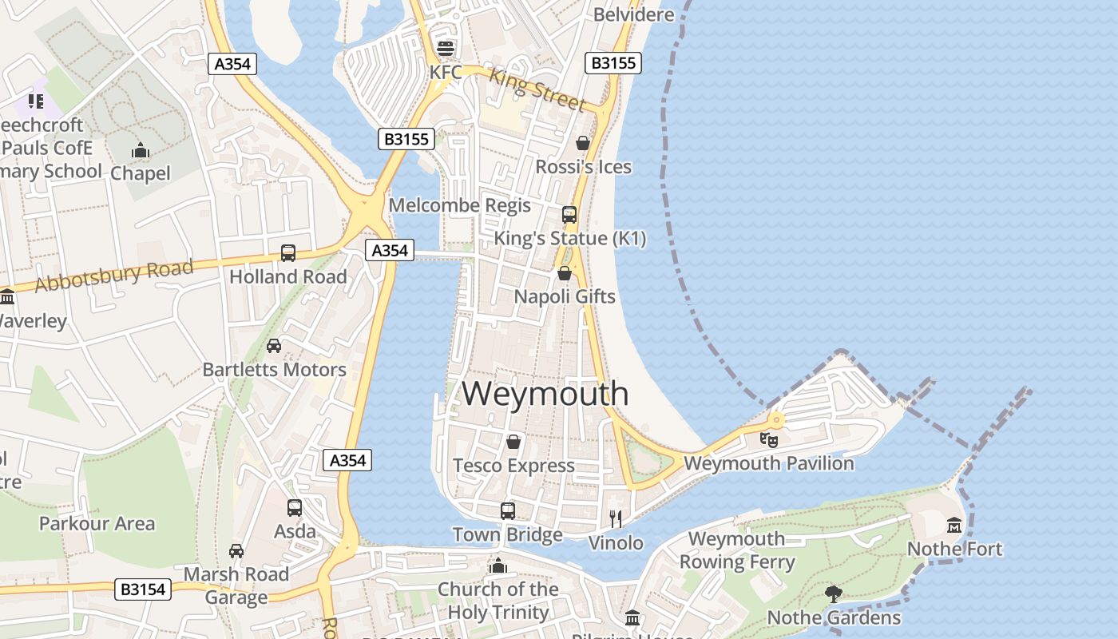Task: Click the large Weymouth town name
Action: point(545,394)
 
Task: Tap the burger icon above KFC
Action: point(445,47)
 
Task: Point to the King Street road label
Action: point(537,89)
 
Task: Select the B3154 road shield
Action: point(143,590)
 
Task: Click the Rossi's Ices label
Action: point(583,167)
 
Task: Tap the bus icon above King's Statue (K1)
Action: point(569,214)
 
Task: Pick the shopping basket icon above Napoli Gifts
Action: point(565,273)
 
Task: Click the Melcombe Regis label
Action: point(459,205)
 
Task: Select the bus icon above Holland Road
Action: point(288,253)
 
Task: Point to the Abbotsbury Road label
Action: point(113,275)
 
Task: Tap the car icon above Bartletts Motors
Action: point(274,346)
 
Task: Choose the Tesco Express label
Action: point(513,466)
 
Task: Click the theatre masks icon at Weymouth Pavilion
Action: point(769,439)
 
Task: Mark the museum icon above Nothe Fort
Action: point(954,525)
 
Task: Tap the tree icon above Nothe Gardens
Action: point(834,593)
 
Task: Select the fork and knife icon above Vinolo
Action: point(616,519)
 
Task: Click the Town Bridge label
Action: point(507,534)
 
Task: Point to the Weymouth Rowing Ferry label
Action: point(737,550)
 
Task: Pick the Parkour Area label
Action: point(97,524)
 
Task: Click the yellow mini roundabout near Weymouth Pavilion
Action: point(775,420)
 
